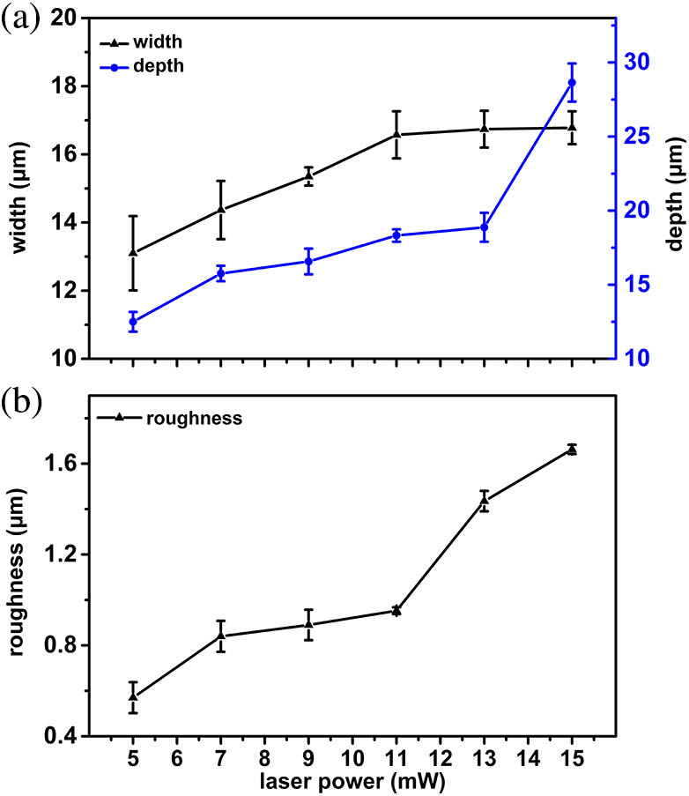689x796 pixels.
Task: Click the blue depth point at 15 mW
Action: [x=572, y=83]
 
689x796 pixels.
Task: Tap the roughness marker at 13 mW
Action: [x=484, y=501]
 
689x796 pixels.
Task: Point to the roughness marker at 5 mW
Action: [x=132, y=696]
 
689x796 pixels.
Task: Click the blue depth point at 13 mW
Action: [x=484, y=227]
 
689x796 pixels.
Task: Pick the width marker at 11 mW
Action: [x=396, y=134]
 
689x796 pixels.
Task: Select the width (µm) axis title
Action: [x=18, y=188]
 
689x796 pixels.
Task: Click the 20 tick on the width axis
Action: [x=65, y=19]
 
